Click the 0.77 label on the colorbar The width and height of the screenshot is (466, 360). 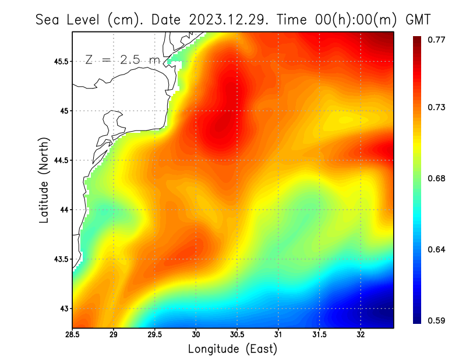436,40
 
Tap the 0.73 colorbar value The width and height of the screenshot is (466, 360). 436,107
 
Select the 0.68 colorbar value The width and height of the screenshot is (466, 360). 436,178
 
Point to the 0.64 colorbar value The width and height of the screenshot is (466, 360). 436,249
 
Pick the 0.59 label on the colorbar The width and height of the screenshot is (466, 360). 436,320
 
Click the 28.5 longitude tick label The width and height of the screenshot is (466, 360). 73,335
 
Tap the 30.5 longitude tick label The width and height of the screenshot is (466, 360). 237,335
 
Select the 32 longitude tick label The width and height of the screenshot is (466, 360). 361,335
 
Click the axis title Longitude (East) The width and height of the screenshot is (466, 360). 232,349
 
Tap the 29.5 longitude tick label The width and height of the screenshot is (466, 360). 155,335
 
